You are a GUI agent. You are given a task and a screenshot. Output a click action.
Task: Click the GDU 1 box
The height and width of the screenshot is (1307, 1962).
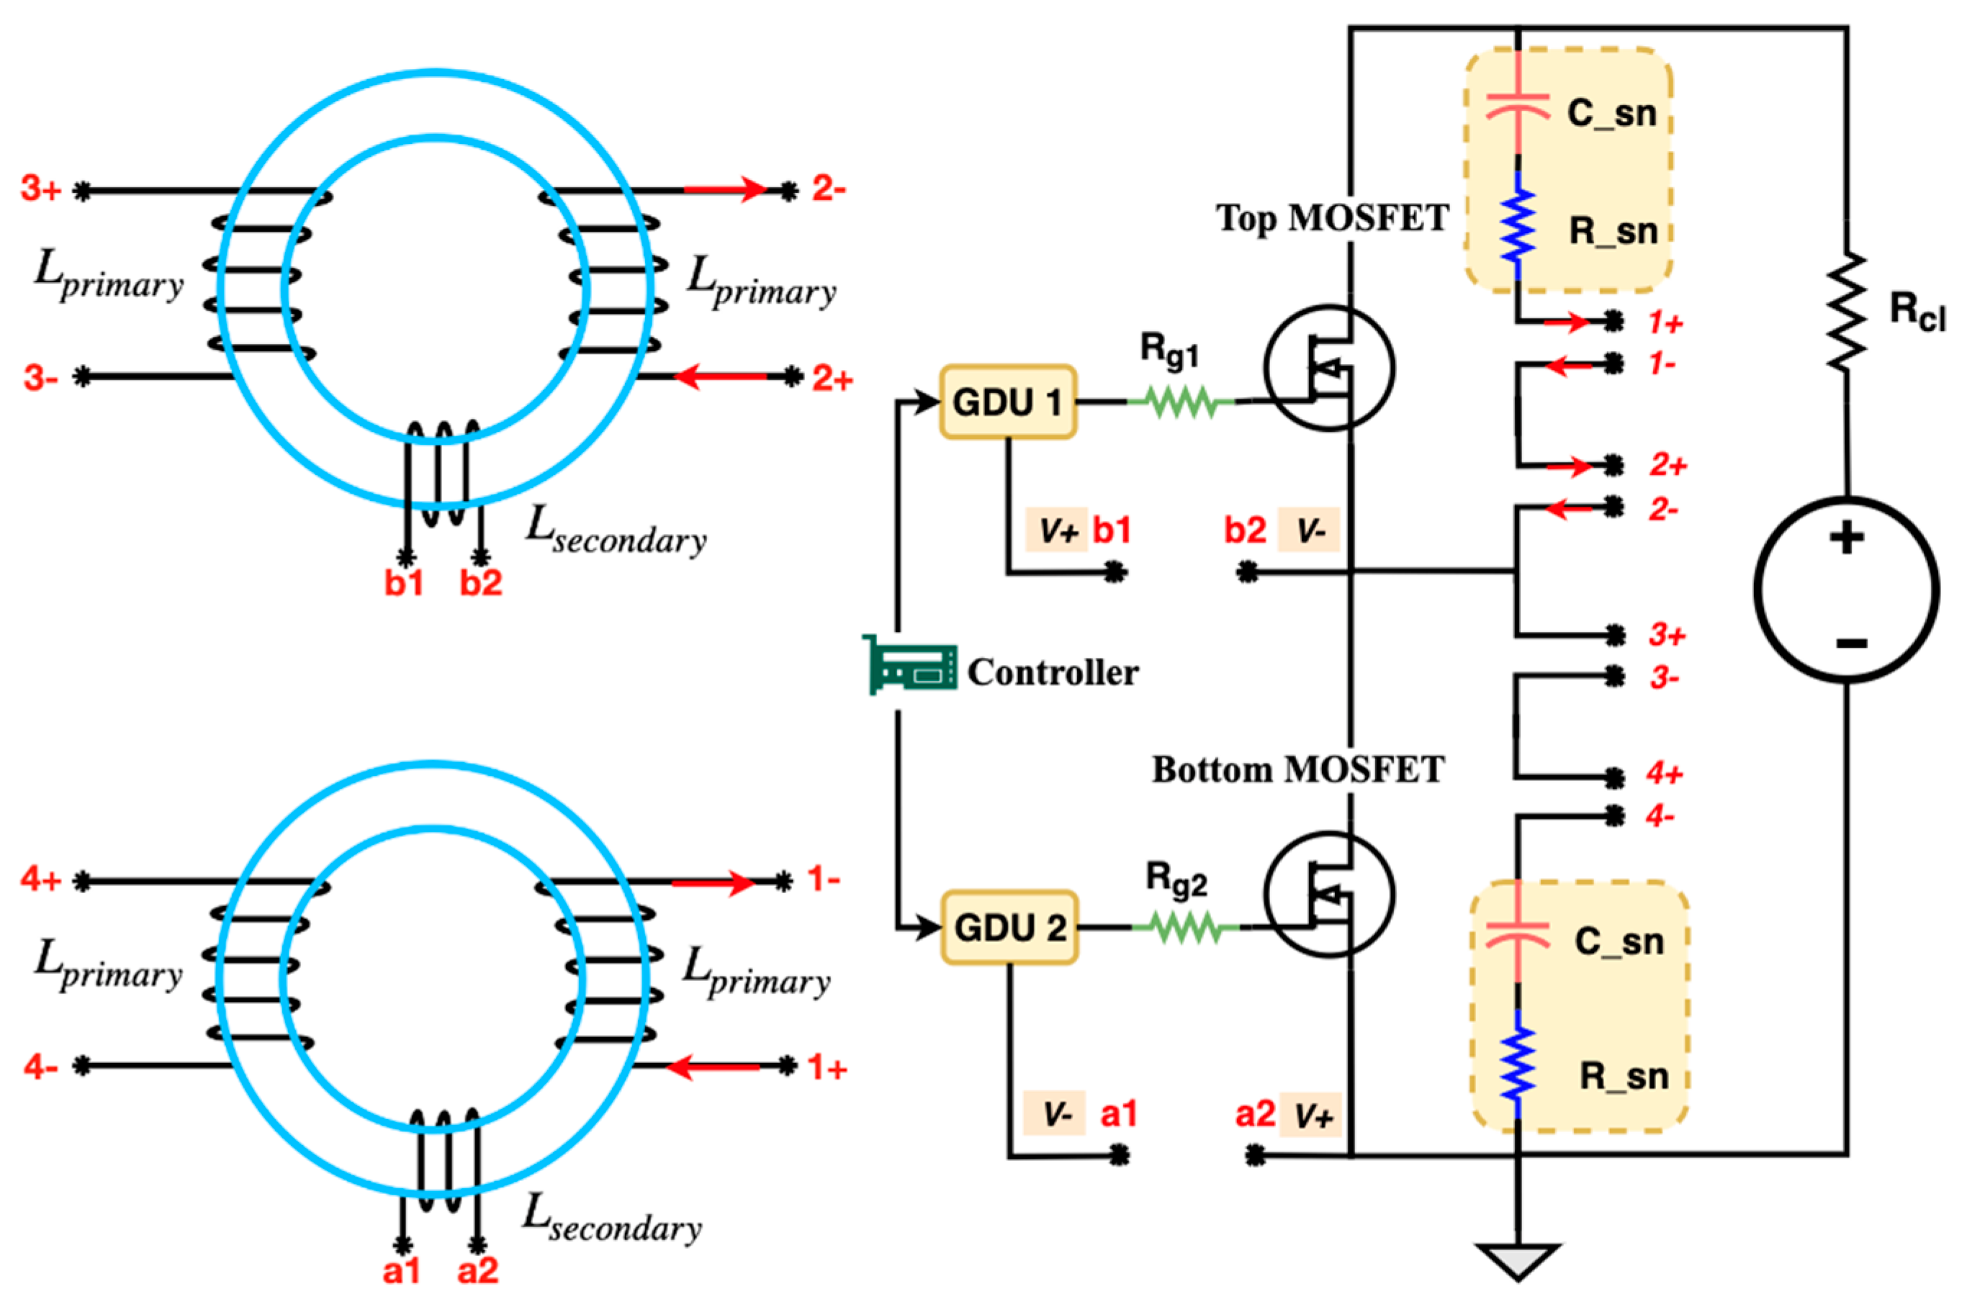1007,402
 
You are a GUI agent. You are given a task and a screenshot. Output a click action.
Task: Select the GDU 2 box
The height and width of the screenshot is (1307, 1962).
1009,927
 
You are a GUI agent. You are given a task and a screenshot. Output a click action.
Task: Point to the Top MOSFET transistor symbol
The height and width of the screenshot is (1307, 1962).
1328,368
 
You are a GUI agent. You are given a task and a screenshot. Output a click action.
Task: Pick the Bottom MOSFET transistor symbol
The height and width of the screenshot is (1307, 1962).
1328,894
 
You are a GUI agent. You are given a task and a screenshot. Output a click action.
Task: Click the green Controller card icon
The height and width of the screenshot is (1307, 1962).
909,664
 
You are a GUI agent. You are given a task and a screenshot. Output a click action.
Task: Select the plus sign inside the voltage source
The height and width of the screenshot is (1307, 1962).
1846,538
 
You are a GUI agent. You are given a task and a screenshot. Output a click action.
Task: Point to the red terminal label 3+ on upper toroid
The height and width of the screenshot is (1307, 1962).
41,189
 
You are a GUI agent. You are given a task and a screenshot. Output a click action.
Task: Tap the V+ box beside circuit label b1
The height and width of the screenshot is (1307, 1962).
1056,530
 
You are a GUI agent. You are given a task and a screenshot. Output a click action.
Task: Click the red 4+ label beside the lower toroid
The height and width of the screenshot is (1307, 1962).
41,879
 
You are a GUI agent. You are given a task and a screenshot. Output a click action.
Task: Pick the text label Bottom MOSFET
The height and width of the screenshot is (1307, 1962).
1297,769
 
